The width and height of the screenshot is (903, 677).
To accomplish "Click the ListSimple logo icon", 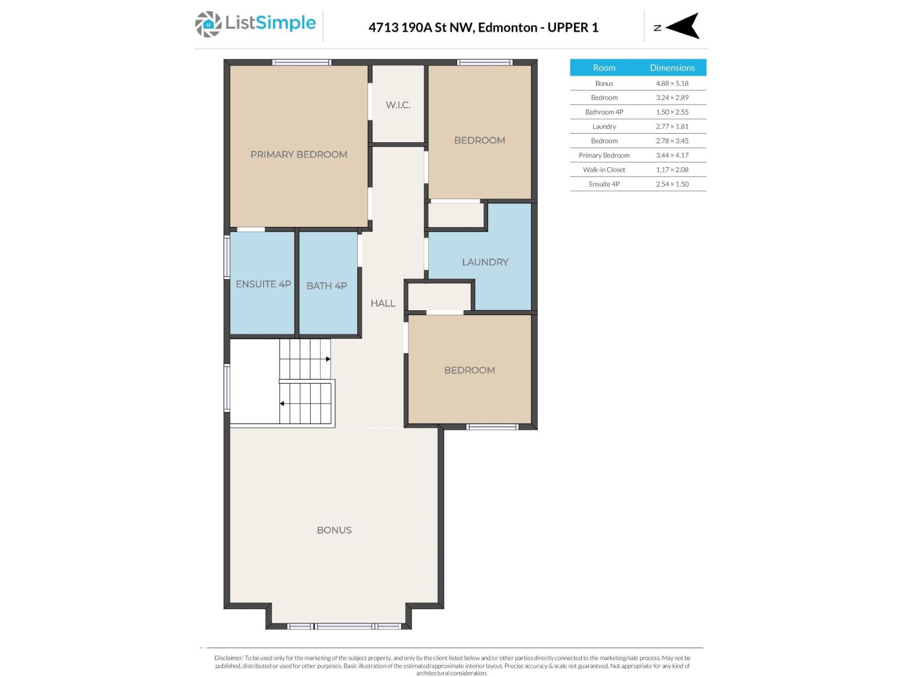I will (x=208, y=24).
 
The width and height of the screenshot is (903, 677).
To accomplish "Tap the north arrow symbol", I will (x=683, y=26).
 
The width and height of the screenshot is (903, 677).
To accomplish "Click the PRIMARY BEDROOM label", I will (x=299, y=155).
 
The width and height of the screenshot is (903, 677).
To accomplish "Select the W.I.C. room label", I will (x=398, y=105).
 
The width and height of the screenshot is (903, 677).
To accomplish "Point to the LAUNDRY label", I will (x=485, y=262).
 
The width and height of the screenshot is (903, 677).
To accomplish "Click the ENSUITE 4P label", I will (x=263, y=284).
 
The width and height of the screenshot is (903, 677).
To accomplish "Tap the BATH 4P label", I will (x=326, y=286).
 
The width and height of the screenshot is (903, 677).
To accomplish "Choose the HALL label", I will (x=383, y=304).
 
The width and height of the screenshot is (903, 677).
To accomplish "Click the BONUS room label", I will (x=334, y=530).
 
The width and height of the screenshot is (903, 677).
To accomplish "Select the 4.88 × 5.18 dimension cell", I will (x=672, y=83).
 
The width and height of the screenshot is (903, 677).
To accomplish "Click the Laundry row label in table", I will (x=604, y=126).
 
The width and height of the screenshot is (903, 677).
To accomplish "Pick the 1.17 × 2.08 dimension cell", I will (x=672, y=170).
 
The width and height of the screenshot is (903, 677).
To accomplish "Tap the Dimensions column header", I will (x=672, y=68).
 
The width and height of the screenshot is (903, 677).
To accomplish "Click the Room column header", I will (x=604, y=68).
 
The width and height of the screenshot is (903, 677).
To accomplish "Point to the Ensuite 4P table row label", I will (x=604, y=184).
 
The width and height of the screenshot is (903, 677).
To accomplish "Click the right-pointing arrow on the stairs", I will (x=328, y=359).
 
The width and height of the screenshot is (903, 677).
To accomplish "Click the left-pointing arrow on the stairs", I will (x=282, y=403).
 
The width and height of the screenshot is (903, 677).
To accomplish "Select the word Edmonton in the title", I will (x=507, y=28).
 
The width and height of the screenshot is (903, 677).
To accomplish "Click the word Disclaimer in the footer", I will (x=229, y=658).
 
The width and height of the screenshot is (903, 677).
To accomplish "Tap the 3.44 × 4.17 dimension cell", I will (x=672, y=155).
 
